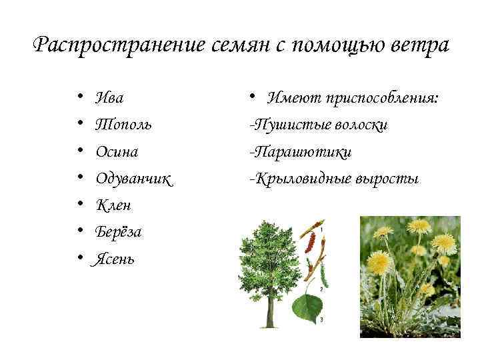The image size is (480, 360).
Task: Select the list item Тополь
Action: tap(123, 125)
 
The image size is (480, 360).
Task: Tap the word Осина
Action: tap(117, 151)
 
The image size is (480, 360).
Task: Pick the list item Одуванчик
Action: tap(133, 179)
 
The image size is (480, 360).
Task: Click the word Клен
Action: tap(113, 205)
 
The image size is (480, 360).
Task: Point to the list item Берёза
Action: tap(118, 232)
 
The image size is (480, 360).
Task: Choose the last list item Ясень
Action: tap(115, 259)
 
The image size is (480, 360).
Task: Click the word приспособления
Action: tap(382, 98)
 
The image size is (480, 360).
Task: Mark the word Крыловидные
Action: tap(296, 179)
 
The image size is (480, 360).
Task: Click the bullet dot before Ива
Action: tap(79, 98)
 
